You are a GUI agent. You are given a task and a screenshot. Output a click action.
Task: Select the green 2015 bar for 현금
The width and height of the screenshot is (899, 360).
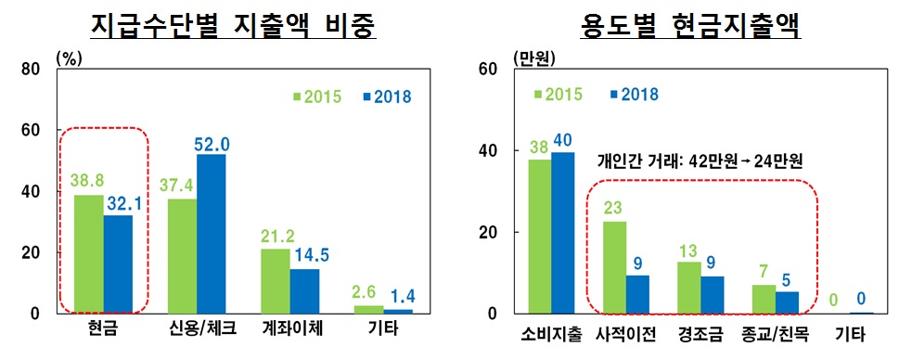point(88,253)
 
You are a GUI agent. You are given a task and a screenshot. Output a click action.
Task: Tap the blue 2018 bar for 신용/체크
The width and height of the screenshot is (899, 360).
point(211,234)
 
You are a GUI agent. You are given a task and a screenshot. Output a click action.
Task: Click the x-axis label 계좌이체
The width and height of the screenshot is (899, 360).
point(289,331)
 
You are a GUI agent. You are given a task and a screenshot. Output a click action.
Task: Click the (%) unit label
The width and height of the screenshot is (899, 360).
point(71,57)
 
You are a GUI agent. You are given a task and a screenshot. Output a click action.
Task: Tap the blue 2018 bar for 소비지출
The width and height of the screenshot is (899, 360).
point(563,233)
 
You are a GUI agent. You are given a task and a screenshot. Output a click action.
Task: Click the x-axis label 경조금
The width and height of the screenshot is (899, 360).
point(700,331)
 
